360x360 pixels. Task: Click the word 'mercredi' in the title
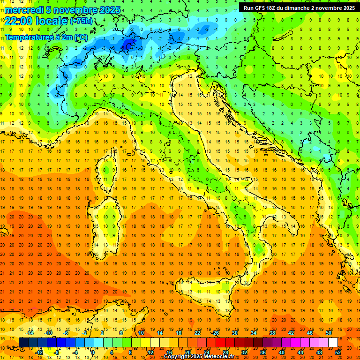24,10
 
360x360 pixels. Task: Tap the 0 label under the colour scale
93,352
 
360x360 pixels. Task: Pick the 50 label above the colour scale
329,333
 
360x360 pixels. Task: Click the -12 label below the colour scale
39,352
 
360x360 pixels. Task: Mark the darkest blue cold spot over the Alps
127,44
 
